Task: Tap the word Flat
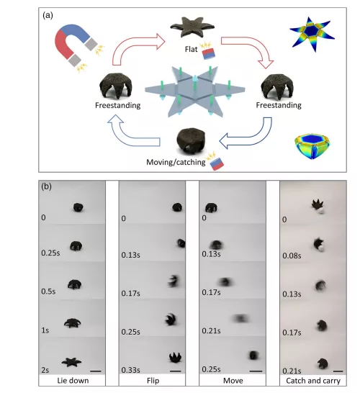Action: (192, 49)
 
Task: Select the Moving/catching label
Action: (176, 162)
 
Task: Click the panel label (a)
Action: (48, 16)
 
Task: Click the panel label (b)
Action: (46, 186)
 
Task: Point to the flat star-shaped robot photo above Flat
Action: (192, 27)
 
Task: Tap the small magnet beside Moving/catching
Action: (217, 164)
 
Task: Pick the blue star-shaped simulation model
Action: (312, 34)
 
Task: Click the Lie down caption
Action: (73, 381)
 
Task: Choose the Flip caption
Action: (153, 381)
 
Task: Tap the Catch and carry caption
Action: (313, 381)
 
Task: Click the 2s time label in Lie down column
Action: (45, 370)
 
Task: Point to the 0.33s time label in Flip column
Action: (130, 370)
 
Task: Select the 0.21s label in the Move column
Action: (211, 331)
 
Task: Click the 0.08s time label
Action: (292, 256)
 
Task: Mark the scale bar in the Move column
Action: (256, 371)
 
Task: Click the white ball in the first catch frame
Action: (320, 211)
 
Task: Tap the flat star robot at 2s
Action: (71, 362)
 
